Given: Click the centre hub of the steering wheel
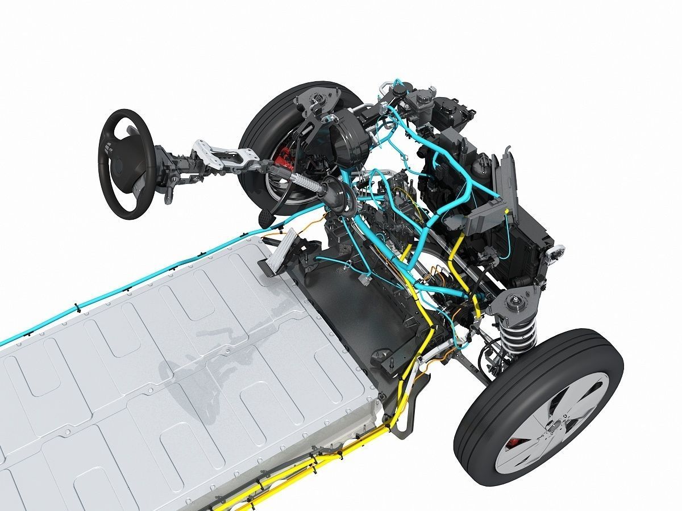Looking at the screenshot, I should click(120, 165).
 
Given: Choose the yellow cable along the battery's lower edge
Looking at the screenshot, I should click(318, 460).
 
